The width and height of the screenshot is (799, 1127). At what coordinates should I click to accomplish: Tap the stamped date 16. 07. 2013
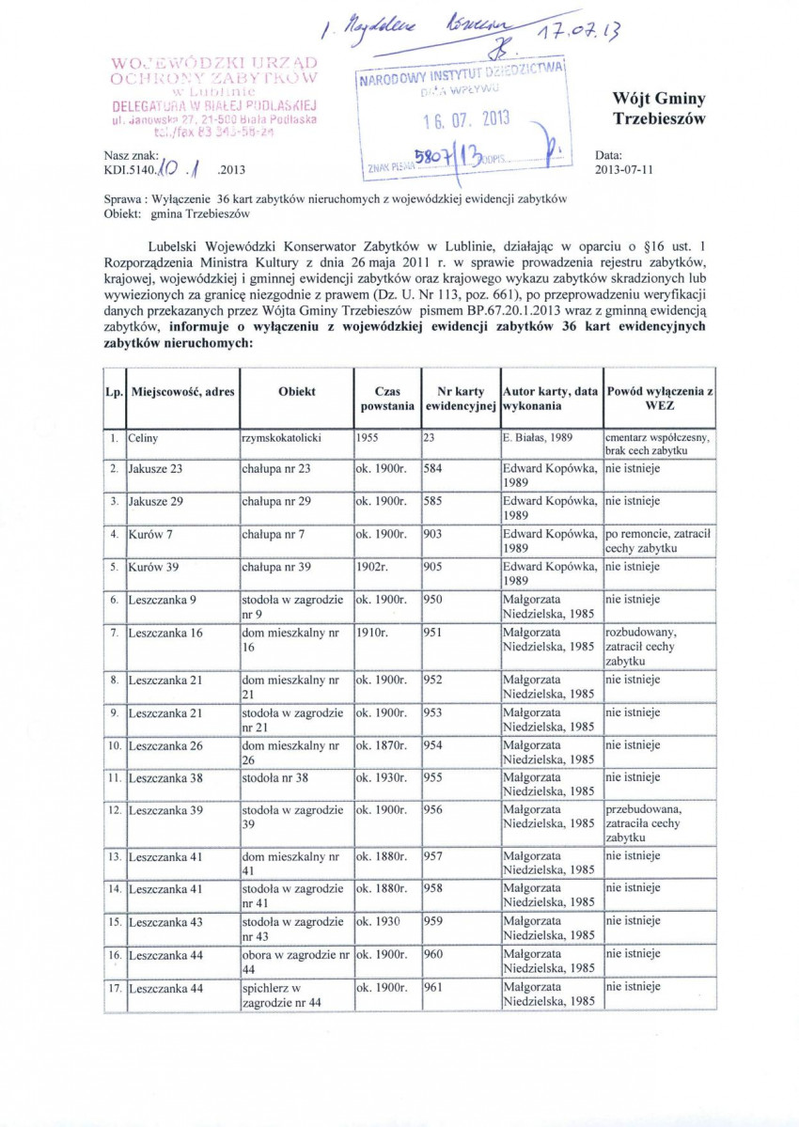pyautogui.click(x=452, y=120)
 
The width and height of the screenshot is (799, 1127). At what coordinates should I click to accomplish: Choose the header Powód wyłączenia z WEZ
pyautogui.click(x=659, y=399)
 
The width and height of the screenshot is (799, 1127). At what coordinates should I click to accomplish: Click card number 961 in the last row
pyautogui.click(x=433, y=987)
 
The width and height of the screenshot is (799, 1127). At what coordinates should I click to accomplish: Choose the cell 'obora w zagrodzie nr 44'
pyautogui.click(x=295, y=961)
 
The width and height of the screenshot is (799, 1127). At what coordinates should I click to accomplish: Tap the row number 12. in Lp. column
pyautogui.click(x=114, y=810)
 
